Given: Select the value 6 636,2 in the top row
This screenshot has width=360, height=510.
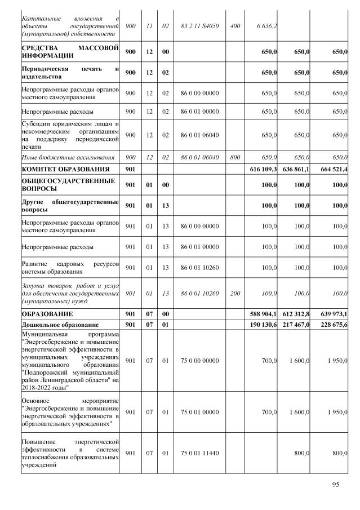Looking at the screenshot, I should (x=266, y=26).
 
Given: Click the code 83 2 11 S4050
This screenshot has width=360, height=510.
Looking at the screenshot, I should (x=199, y=26).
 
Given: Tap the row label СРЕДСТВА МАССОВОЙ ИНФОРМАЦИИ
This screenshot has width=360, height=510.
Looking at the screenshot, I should (x=70, y=52).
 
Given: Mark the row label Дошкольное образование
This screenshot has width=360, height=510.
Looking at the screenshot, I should (x=60, y=325).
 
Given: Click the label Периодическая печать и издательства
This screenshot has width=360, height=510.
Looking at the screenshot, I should (x=70, y=73).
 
